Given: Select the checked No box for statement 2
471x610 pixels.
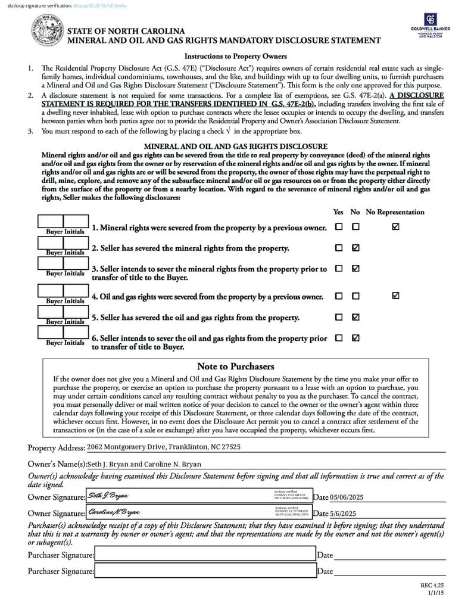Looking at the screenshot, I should (x=355, y=248).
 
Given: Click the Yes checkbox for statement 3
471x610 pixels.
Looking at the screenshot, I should (x=339, y=269).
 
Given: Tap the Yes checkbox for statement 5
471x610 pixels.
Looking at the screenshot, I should (x=339, y=317).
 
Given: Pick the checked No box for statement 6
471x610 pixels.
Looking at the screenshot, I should (x=355, y=338).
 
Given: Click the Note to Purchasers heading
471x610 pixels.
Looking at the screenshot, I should (x=235, y=366).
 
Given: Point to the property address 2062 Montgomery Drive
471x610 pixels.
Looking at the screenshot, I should (x=164, y=447).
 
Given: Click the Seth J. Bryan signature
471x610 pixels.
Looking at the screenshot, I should (x=108, y=496).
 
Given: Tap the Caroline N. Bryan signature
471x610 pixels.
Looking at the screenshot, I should (x=114, y=512).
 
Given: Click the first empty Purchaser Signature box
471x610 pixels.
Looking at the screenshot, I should (x=205, y=555).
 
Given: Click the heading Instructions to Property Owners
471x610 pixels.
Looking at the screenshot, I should (x=236, y=57).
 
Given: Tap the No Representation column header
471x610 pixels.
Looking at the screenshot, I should (x=395, y=212).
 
